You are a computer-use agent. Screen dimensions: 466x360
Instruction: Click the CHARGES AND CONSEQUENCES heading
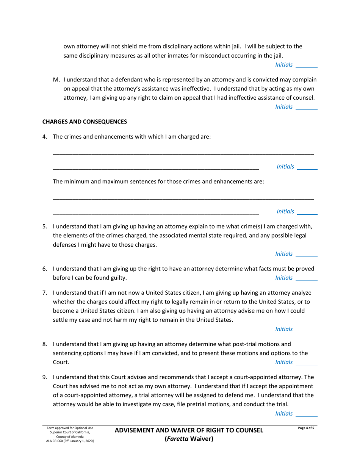(x=84, y=122)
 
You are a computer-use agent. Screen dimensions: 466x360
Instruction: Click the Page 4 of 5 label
(x=306, y=428)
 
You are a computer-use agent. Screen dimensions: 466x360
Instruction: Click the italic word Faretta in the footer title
(x=178, y=439)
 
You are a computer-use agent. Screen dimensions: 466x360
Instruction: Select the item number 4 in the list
(x=44, y=137)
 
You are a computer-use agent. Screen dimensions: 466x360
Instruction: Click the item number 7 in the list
(x=44, y=292)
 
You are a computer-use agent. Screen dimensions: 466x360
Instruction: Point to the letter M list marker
(x=56, y=80)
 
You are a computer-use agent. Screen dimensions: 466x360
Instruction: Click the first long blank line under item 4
(x=183, y=153)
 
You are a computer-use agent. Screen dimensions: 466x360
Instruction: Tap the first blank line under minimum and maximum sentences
(x=183, y=199)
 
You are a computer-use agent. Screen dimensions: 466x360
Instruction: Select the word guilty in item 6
(x=117, y=278)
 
